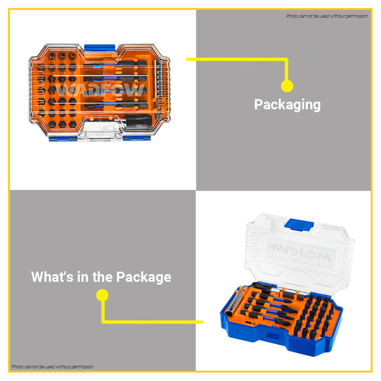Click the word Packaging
287,105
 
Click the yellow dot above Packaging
287,86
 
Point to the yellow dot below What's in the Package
102,296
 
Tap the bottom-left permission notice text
52,367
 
